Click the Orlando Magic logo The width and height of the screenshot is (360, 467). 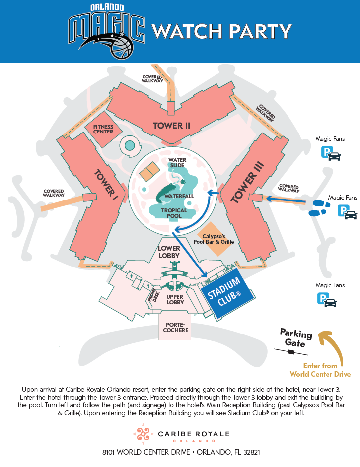point(106,31)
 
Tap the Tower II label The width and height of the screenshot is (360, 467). point(171,126)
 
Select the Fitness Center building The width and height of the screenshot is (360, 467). point(103,129)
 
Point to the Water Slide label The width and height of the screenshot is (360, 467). point(177,163)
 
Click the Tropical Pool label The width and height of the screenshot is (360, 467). point(174,213)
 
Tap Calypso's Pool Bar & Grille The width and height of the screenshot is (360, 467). point(214,239)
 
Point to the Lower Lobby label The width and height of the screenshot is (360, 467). point(169,252)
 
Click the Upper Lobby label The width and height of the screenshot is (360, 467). point(175,299)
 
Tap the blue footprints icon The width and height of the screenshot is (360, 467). point(319,208)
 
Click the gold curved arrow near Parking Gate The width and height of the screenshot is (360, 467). point(334,346)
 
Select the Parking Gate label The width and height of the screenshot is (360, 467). point(295,337)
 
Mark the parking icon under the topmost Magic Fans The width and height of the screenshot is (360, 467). point(331,153)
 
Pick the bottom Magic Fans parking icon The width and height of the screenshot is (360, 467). point(327,300)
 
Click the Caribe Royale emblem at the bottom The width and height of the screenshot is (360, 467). point(143,434)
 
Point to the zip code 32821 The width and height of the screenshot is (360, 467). point(252,452)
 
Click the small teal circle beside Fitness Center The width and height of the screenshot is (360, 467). point(129,145)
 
